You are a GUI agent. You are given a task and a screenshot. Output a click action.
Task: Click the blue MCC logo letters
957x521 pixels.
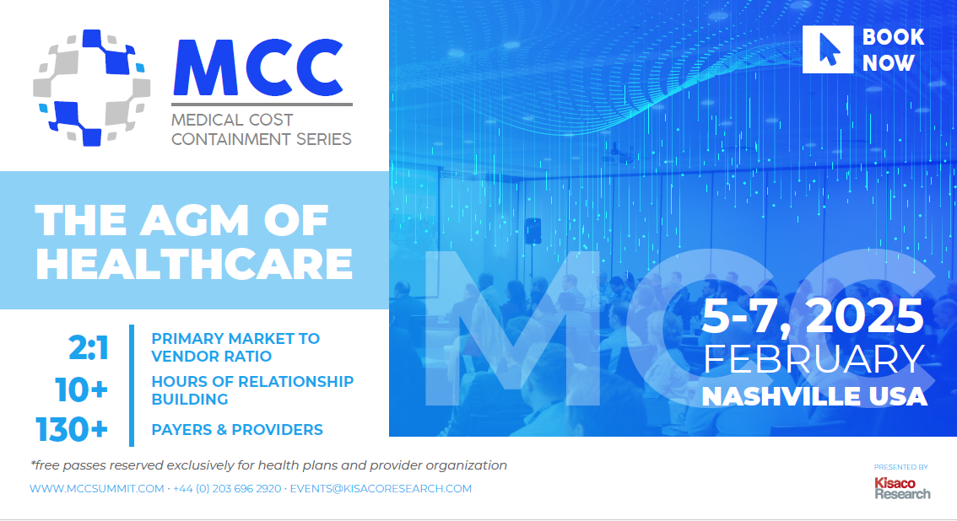point(259,67)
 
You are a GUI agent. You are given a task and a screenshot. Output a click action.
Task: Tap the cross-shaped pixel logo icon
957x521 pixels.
point(91,88)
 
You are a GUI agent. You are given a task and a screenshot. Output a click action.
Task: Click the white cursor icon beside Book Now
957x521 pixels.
point(828,50)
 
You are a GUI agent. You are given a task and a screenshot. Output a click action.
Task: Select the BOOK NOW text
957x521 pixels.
point(893,50)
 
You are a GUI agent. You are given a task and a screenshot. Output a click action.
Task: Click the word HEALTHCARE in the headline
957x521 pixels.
point(194,264)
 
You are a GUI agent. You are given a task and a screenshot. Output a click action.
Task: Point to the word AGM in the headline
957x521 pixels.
point(194,220)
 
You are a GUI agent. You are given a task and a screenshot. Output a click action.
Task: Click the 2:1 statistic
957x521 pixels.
point(89,348)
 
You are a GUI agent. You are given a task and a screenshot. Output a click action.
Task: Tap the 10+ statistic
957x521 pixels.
point(81,390)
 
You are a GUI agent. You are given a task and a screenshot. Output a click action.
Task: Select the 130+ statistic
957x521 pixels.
point(72,430)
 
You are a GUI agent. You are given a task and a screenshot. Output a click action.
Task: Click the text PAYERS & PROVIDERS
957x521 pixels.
point(237,430)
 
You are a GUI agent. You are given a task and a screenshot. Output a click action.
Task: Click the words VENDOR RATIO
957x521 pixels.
point(211,357)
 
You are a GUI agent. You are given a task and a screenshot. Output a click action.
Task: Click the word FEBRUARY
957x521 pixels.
point(814,359)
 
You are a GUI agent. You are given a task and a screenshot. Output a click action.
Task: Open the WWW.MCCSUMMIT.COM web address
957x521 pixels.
point(96,489)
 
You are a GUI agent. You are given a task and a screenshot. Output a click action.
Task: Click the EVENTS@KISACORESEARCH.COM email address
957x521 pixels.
point(381,489)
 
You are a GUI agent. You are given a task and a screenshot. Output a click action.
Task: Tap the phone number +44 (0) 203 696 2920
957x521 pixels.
point(227,489)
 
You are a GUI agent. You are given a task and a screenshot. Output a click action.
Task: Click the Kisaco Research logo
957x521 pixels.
point(902,488)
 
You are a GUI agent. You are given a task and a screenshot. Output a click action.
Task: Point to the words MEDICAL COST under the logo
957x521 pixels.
point(232,120)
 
